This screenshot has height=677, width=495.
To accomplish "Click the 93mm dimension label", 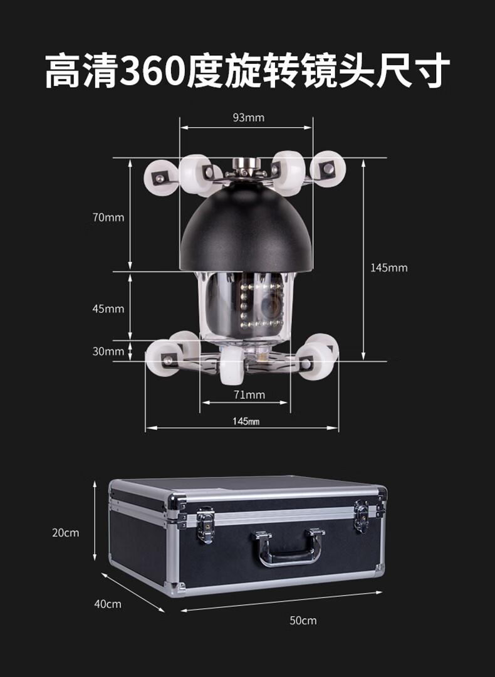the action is point(249,117).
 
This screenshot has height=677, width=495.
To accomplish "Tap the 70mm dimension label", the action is point(108,217).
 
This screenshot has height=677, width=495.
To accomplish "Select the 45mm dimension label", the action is point(108,308).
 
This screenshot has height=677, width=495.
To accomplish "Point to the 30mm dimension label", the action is point(108,351).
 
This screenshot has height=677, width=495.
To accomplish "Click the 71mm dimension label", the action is point(249,395).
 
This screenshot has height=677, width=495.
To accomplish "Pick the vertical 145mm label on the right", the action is point(389,268).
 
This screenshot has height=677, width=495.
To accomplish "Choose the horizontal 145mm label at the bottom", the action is point(246,421).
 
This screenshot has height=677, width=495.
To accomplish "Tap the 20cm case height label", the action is point(66,533).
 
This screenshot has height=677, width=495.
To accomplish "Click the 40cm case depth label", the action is point(108,604).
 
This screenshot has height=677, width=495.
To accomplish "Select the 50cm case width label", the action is point(303,621).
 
